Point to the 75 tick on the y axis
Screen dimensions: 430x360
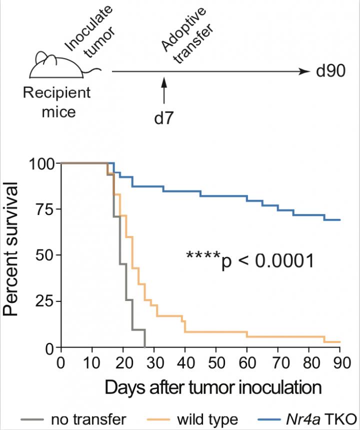tap(43, 209)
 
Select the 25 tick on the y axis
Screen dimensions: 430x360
tap(43, 301)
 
